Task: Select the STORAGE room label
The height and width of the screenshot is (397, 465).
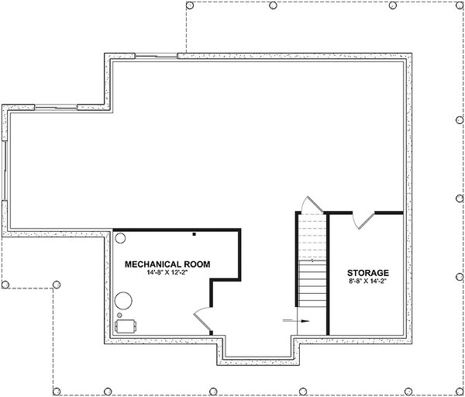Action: [x=368, y=274]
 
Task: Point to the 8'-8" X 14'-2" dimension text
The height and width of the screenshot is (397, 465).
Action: [x=368, y=283]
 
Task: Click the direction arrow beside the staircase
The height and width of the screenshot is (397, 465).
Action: [x=296, y=319]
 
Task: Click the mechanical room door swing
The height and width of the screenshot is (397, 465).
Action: [x=200, y=317]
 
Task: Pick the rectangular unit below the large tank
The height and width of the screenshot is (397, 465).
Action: [x=125, y=326]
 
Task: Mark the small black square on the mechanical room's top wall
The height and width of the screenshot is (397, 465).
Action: [x=194, y=233]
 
